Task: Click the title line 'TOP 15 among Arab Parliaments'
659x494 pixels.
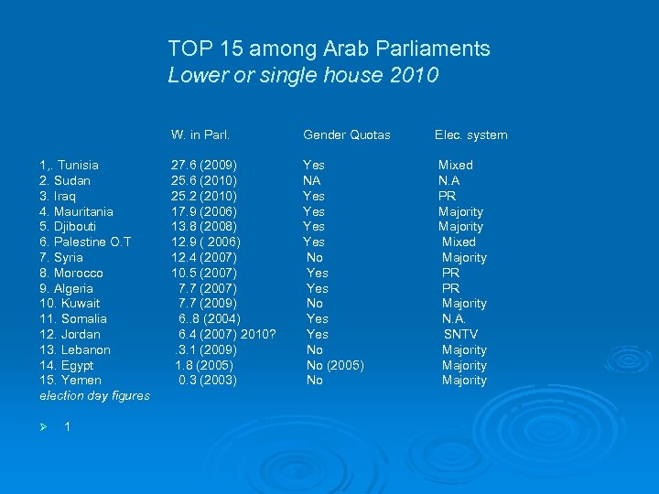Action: pos(329,48)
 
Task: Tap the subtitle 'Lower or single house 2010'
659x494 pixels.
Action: pos(303,75)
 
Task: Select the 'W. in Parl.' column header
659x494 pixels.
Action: pos(200,135)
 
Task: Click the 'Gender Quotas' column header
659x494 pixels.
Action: pos(347,135)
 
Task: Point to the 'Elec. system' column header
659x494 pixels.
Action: pos(470,135)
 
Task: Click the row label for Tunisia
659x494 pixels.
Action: pos(70,166)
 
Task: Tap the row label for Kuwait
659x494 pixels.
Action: pos(70,304)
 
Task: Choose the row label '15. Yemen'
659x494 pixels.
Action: pos(70,381)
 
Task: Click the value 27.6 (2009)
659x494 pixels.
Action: pos(204,166)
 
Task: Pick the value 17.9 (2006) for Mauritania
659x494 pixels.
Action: pos(204,211)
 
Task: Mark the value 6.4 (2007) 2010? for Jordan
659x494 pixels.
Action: pos(227,335)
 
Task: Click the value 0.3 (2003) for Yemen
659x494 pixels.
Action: pos(208,381)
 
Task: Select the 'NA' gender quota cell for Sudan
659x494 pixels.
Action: pos(311,181)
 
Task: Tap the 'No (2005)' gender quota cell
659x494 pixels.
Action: pos(335,366)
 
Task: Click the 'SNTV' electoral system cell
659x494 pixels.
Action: pos(460,335)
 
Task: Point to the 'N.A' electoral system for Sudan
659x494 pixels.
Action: pos(448,181)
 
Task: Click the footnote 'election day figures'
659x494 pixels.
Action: pos(94,396)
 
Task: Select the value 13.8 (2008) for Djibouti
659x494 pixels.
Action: pos(204,227)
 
